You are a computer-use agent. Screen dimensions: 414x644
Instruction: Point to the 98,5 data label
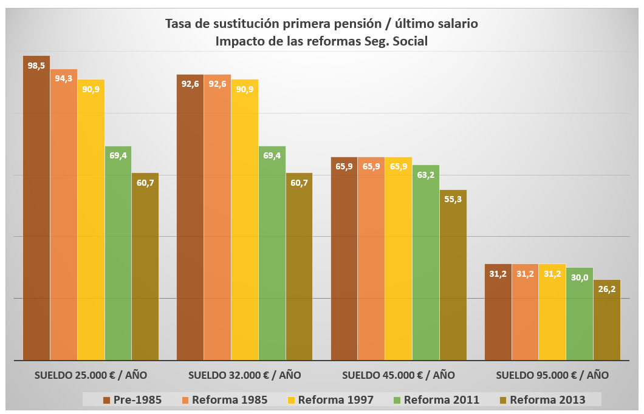36,66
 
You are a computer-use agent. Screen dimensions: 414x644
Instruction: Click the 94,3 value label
64,78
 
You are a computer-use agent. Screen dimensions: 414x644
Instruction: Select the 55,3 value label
453,199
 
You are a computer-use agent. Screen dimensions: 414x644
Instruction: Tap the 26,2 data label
607,289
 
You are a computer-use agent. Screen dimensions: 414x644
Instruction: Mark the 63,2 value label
426,175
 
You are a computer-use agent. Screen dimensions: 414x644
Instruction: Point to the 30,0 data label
580,277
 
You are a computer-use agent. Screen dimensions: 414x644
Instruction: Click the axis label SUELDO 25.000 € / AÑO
91,375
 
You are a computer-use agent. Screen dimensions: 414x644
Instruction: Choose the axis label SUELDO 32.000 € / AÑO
244,375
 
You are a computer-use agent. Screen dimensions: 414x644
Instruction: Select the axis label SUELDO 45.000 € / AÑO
399,375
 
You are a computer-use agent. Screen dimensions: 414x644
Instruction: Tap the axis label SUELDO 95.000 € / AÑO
552,375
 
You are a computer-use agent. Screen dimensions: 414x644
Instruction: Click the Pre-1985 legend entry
132,399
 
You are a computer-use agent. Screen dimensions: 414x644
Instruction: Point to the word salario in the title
455,24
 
